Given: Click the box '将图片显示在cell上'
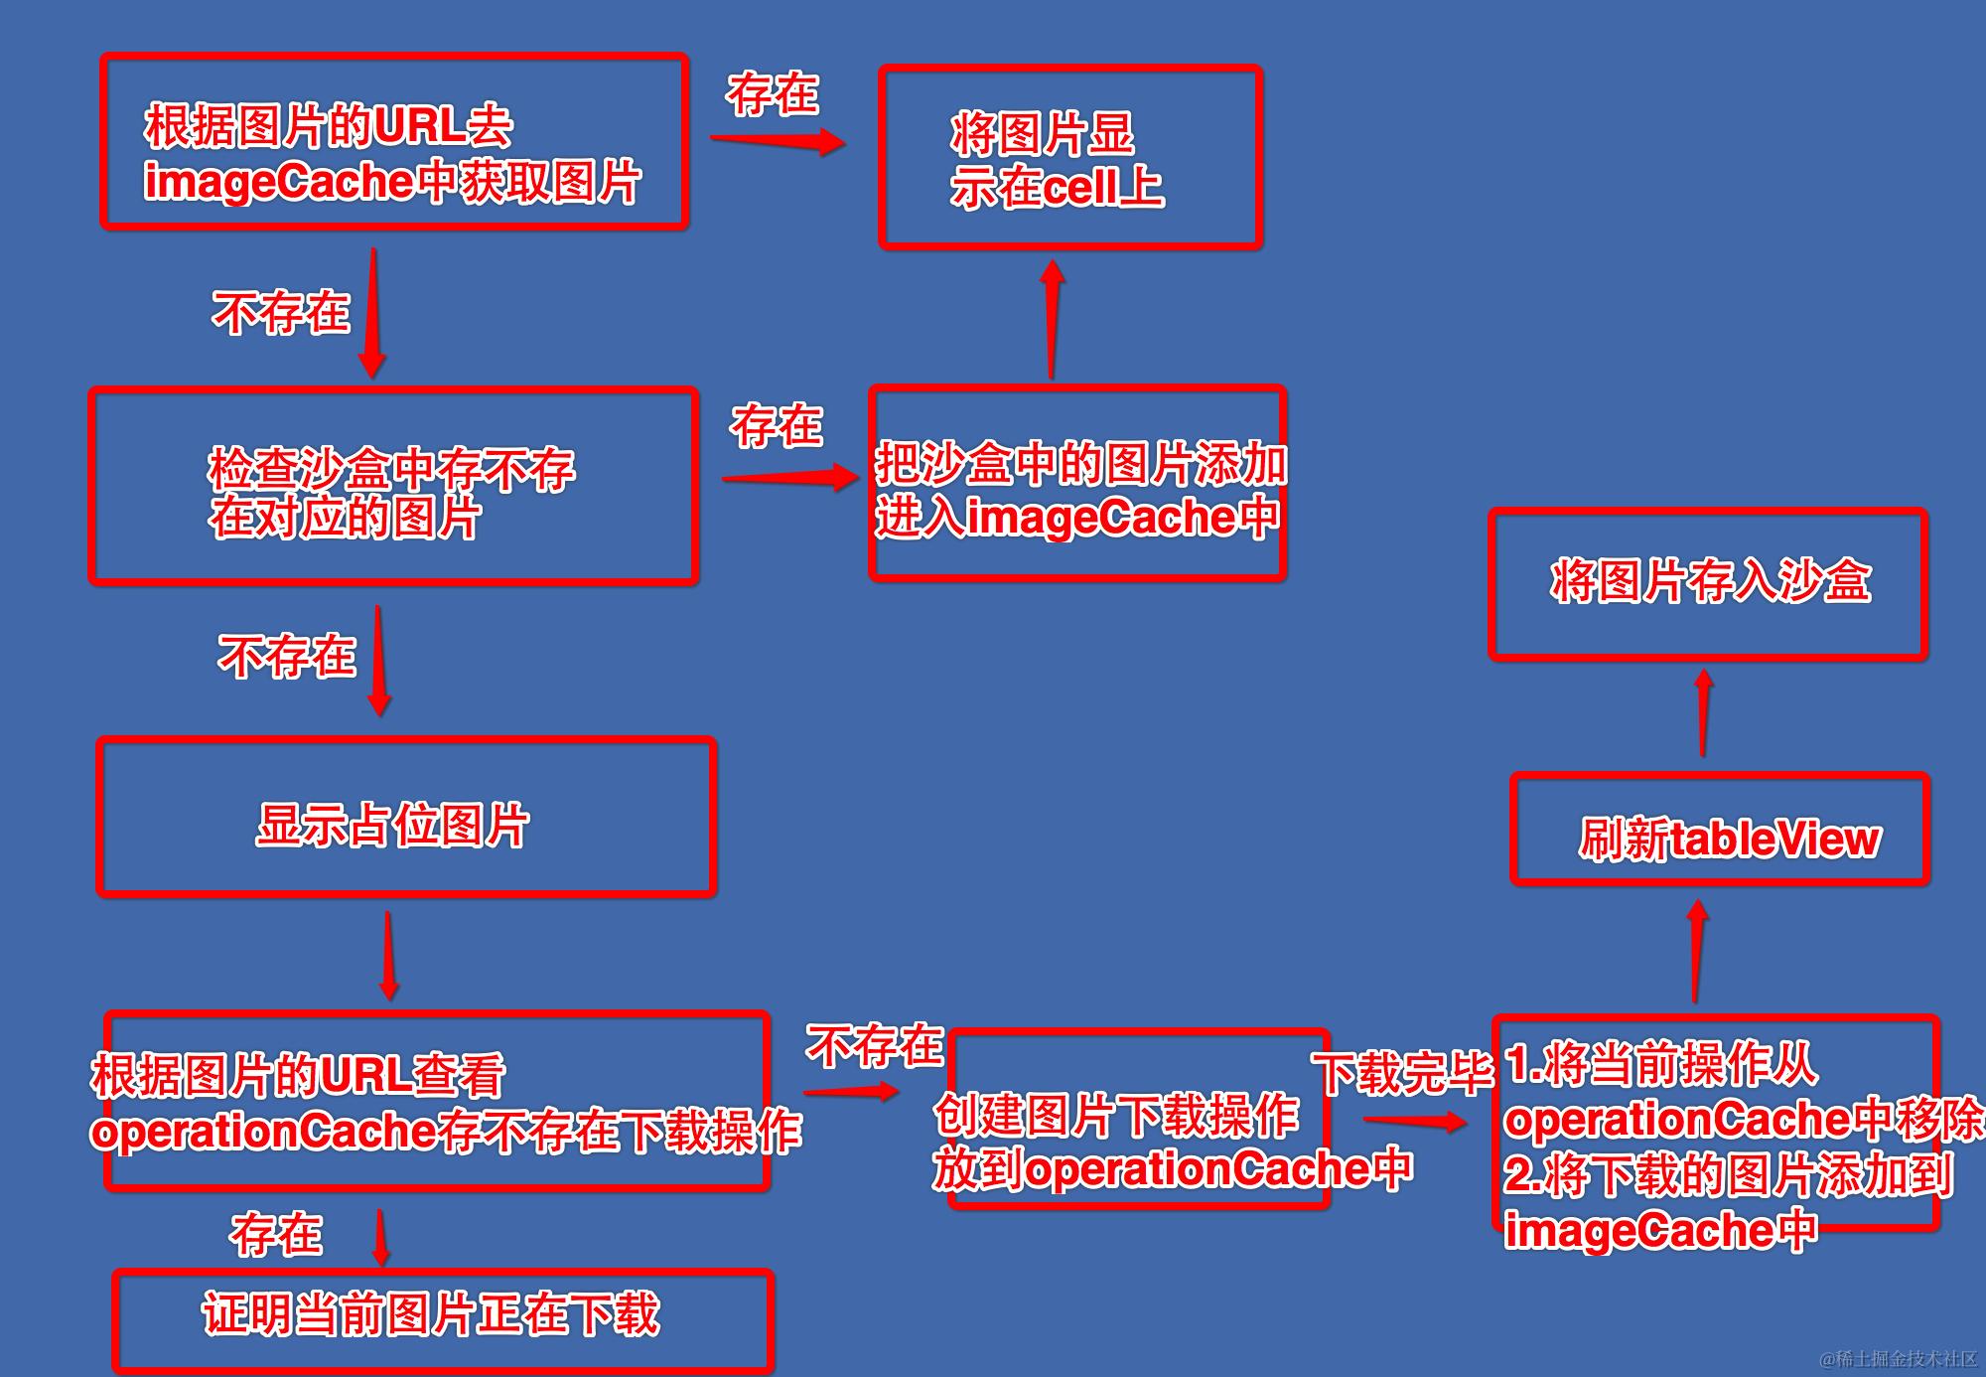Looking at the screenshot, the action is (x=1069, y=157).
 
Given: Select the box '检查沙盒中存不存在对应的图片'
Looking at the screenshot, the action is (x=393, y=486).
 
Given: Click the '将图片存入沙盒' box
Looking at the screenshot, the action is (x=1708, y=583).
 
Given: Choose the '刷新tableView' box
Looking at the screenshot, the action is (x=1720, y=831).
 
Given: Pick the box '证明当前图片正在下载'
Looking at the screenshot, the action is (x=443, y=1319).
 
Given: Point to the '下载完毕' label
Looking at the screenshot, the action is (x=1402, y=1074).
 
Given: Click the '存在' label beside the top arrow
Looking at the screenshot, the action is (x=773, y=94).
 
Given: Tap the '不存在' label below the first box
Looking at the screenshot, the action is (x=281, y=313).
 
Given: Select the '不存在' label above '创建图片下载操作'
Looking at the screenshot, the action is (x=874, y=1046).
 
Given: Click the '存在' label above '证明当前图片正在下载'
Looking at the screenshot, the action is (x=276, y=1235).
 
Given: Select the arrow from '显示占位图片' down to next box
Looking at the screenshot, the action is (x=388, y=955).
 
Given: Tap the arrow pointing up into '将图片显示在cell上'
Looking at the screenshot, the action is (x=1053, y=318).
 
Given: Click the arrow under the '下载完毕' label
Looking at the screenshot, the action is (x=1414, y=1122).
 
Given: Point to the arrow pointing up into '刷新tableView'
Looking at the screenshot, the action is (x=1697, y=950).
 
